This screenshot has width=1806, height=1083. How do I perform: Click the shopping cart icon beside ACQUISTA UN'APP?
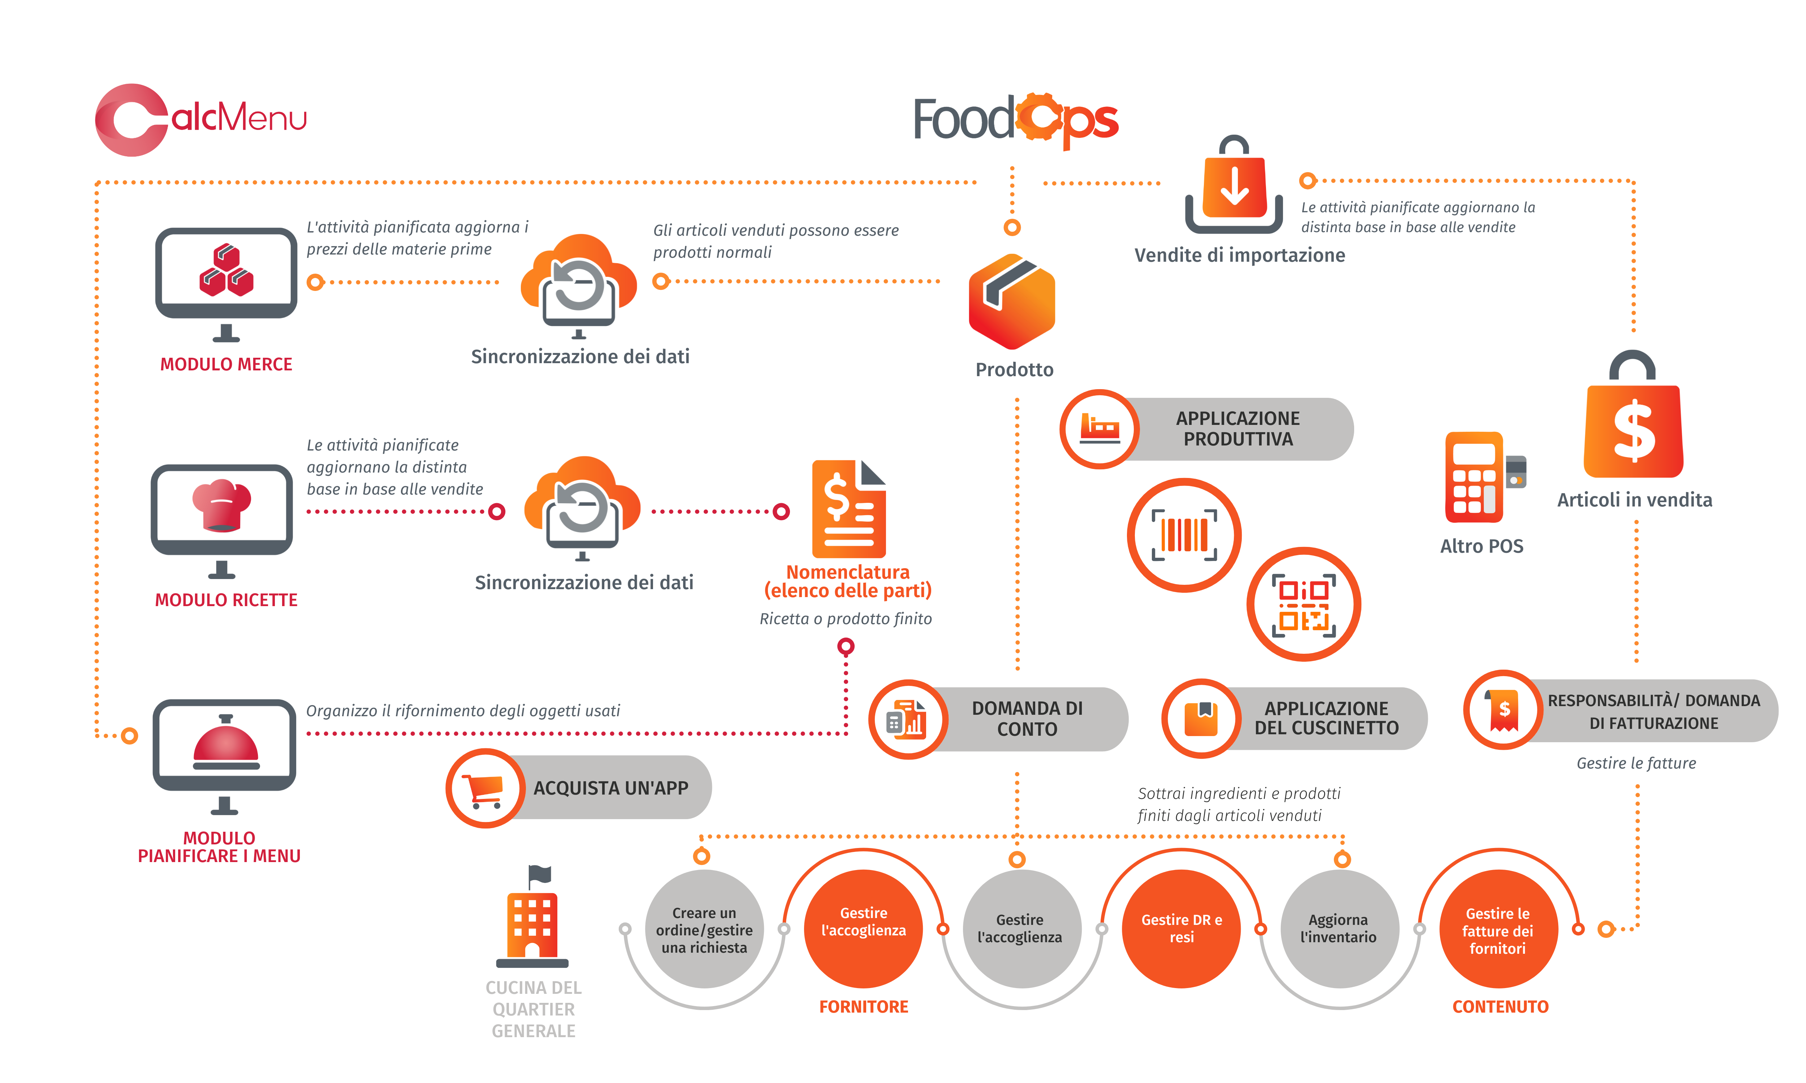click(x=485, y=788)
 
